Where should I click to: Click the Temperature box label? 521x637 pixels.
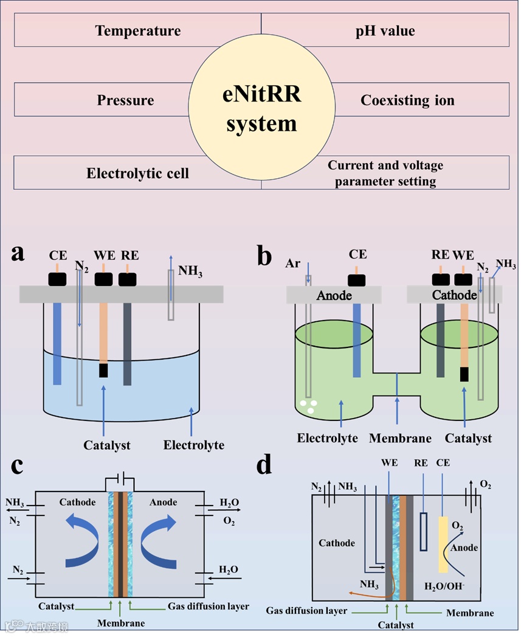(x=138, y=30)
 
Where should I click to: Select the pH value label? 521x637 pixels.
(x=385, y=30)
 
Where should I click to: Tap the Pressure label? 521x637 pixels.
(x=125, y=100)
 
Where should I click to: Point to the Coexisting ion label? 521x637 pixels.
(x=407, y=100)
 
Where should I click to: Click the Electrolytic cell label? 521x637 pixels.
(x=137, y=173)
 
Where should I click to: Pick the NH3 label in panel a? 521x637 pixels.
(x=191, y=271)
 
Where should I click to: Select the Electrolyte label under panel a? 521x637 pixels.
(x=193, y=445)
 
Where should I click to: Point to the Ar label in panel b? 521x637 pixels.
(x=293, y=264)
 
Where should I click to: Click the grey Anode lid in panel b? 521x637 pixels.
(x=334, y=295)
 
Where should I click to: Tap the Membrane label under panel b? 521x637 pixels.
(x=400, y=438)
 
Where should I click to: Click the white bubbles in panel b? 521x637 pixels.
(x=309, y=406)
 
